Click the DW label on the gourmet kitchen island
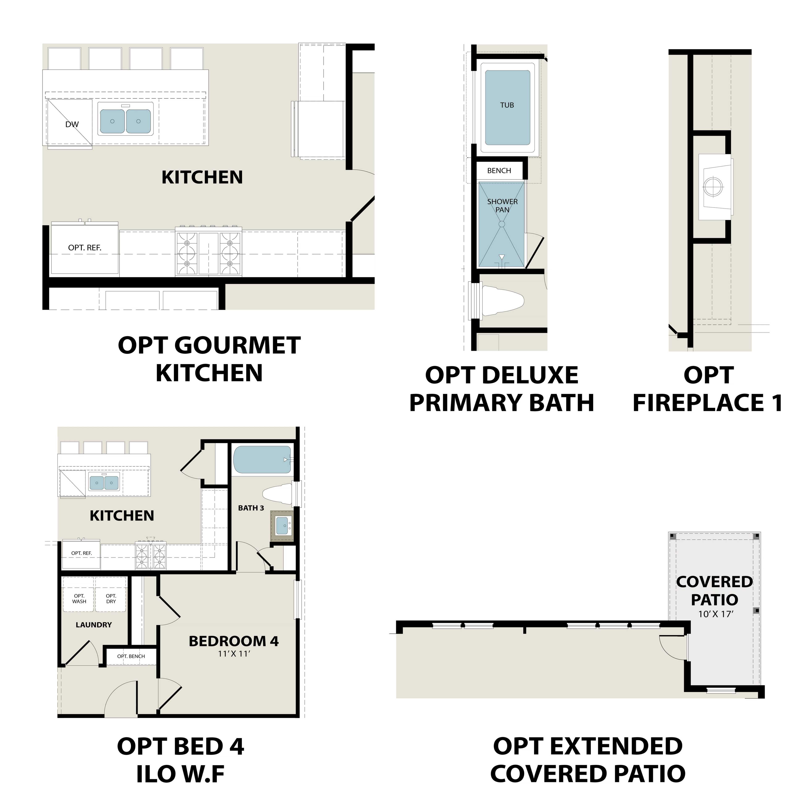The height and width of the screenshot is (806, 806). point(72,124)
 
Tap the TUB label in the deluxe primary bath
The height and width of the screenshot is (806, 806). point(507,105)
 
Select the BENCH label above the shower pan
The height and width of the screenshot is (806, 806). point(499,171)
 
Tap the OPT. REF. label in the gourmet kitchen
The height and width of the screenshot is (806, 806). point(85,248)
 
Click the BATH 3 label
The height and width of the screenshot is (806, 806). point(251,508)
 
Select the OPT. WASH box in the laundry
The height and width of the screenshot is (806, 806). point(79,599)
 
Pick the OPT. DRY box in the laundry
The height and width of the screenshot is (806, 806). point(111,599)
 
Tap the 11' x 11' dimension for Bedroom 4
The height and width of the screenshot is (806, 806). point(234,654)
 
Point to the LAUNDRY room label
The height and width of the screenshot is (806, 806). point(94,625)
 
